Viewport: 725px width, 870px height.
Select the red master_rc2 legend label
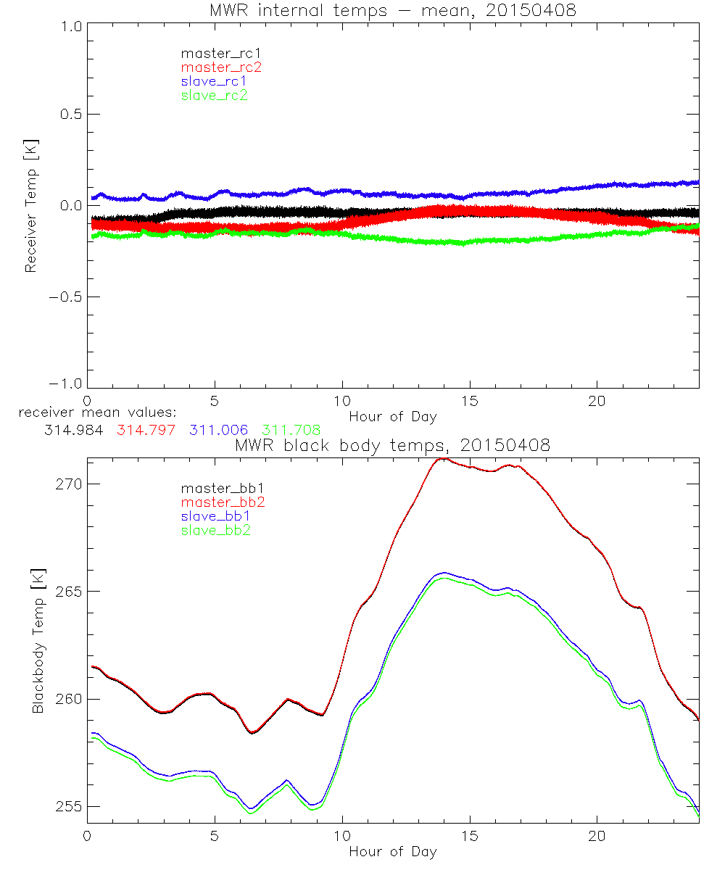coord(221,67)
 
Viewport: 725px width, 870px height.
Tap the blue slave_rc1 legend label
coord(214,81)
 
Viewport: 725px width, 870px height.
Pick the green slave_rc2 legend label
coord(214,95)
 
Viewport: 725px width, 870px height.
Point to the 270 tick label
coord(70,484)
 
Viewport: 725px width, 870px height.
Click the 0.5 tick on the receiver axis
coord(70,115)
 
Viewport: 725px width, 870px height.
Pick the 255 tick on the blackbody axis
coord(70,807)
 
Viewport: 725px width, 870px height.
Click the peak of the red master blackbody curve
coord(442,459)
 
